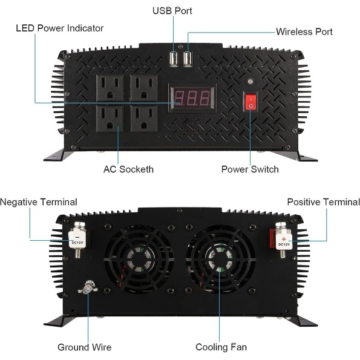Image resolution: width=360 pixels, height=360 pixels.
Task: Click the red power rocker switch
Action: [x=250, y=102]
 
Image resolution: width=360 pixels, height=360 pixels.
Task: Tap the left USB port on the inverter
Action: [x=174, y=59]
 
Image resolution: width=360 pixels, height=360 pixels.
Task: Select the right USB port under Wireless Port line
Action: [x=188, y=59]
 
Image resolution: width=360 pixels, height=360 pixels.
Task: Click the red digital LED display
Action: [x=192, y=98]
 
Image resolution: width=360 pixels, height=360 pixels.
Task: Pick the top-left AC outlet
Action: [x=110, y=88]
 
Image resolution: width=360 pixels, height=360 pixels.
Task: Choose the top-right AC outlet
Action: [x=144, y=88]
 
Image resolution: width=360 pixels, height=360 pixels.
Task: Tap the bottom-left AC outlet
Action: [x=110, y=119]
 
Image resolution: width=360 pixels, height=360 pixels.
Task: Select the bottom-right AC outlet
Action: [x=144, y=119]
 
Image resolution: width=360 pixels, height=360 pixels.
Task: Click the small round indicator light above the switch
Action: [x=250, y=81]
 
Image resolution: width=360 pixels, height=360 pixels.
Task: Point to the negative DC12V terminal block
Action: [x=77, y=240]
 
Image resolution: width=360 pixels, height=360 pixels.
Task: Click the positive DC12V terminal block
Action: [x=284, y=241]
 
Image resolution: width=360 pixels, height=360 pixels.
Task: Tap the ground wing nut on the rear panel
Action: [x=88, y=287]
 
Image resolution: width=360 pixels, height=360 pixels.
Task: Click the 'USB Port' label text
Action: [x=172, y=11]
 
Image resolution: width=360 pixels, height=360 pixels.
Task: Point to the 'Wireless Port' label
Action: [x=304, y=31]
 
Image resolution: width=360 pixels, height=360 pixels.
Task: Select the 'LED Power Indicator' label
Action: [x=60, y=28]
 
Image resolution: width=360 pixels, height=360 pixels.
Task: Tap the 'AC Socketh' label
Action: [x=128, y=169]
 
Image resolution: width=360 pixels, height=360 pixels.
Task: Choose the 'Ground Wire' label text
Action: [x=85, y=347]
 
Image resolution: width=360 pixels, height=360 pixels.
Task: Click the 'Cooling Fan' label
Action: [x=221, y=347]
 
